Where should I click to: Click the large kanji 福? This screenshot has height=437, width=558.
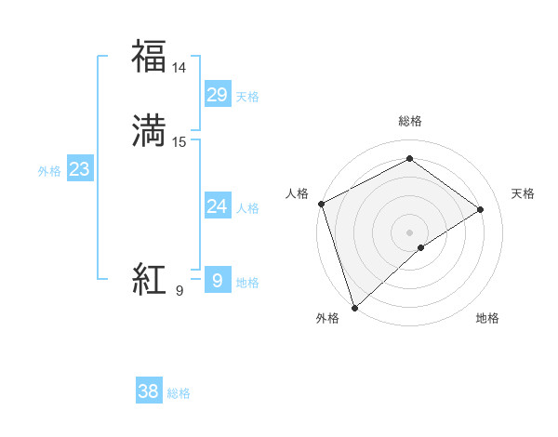tap(150, 57)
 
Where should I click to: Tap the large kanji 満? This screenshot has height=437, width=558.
tap(150, 131)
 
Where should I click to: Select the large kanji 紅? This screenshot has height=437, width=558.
tap(150, 279)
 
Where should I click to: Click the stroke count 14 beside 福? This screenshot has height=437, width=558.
tap(179, 68)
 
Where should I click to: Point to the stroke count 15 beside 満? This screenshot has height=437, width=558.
tap(179, 142)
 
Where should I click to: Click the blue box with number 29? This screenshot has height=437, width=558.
tap(217, 95)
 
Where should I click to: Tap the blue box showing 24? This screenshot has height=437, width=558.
tap(217, 206)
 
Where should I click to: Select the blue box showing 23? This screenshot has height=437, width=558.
tap(79, 169)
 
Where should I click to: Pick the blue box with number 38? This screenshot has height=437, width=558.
tap(148, 391)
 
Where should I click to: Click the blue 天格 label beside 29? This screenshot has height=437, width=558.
tap(247, 97)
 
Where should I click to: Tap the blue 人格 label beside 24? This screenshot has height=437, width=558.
tap(247, 208)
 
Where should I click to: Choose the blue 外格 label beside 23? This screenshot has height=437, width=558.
tap(49, 171)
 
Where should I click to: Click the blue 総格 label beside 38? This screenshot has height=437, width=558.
tap(179, 393)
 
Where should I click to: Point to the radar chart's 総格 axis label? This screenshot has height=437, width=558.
tap(410, 122)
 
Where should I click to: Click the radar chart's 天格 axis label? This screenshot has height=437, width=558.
tap(523, 193)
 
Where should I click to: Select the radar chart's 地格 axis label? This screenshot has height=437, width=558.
tap(487, 319)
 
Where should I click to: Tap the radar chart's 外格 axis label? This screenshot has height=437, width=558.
tap(327, 319)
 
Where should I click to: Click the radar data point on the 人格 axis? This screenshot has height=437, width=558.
tap(321, 204)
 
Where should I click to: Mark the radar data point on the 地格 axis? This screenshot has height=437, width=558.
tap(422, 247)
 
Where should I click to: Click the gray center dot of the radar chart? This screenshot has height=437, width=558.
tap(410, 232)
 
